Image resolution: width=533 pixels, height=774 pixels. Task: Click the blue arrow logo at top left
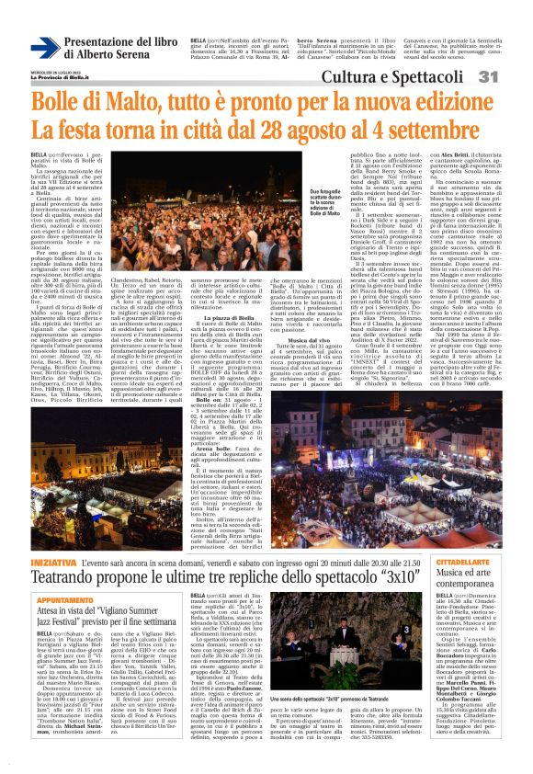(x=45, y=49)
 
